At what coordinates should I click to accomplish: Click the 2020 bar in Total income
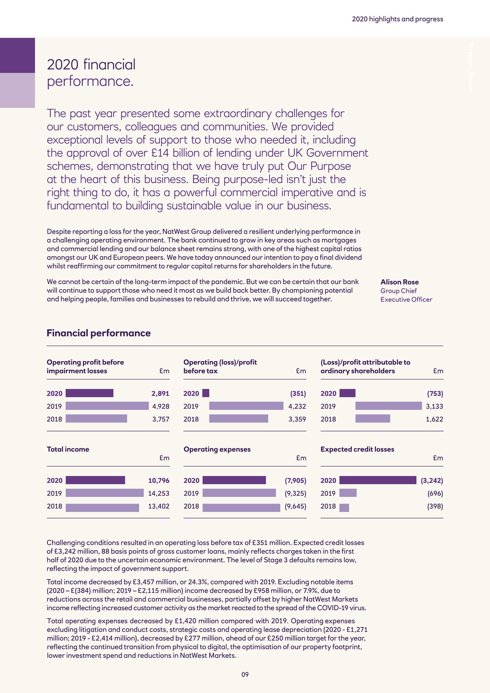(x=95, y=480)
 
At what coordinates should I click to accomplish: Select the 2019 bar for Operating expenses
(x=239, y=493)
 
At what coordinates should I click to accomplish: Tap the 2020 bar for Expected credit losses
(x=378, y=480)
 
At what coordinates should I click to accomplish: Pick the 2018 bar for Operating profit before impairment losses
(x=96, y=419)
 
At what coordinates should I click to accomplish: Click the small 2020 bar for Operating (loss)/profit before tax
(x=206, y=393)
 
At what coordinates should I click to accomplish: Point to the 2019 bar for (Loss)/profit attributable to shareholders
(x=389, y=406)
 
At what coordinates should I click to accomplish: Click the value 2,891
(x=160, y=393)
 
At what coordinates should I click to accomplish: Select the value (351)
(x=298, y=393)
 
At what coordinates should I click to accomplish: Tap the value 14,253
(x=159, y=493)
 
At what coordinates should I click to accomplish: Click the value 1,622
(x=434, y=419)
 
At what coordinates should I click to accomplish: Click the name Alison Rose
(x=400, y=282)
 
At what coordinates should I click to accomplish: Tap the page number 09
(x=245, y=675)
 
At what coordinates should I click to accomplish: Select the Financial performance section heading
(x=99, y=333)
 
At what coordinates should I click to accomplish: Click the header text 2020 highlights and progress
(x=397, y=19)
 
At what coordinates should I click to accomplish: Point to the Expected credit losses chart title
(x=357, y=449)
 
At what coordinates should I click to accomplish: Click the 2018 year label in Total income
(x=54, y=506)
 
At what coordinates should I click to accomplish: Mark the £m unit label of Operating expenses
(x=301, y=458)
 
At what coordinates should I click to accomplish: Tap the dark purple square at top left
(x=17, y=55)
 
